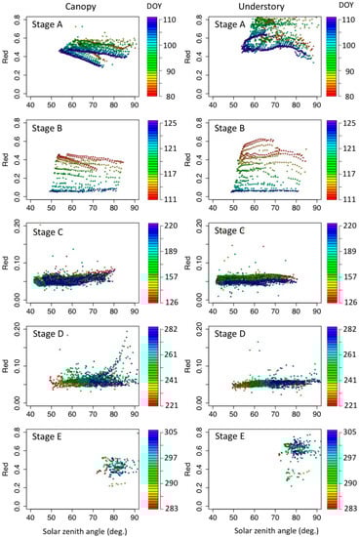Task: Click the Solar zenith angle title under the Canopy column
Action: (89, 530)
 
